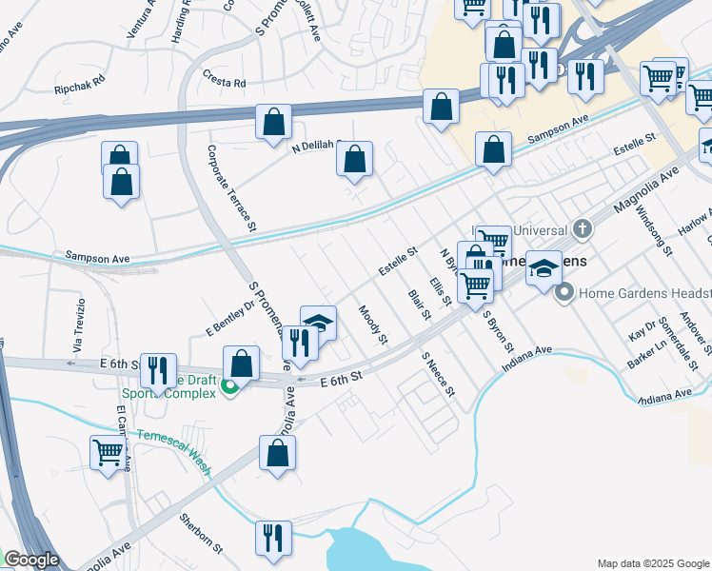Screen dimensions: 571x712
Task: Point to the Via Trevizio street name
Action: (81, 324)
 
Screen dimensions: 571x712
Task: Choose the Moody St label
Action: (373, 325)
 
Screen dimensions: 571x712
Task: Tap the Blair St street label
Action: (418, 306)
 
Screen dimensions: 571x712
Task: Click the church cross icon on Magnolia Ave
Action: (582, 229)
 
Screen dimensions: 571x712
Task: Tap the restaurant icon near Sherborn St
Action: (273, 537)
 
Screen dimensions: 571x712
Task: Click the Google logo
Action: (31, 560)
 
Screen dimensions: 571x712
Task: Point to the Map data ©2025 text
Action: (652, 562)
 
